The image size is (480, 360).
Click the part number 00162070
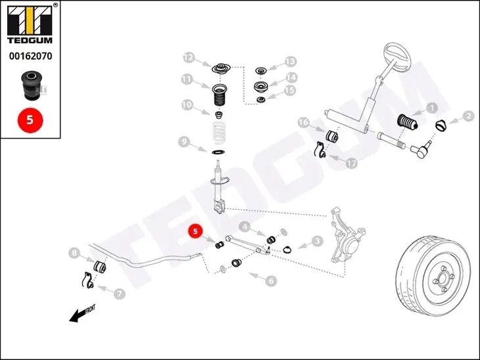pos(31,56)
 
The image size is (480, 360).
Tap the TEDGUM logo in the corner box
pos(30,24)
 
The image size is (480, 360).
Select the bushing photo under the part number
pos(32,85)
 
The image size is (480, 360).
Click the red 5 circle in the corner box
pos(30,120)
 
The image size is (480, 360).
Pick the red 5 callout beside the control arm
pos(195,231)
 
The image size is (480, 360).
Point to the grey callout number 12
pos(189,58)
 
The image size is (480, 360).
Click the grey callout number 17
pos(351,163)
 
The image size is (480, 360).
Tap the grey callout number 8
pos(74,253)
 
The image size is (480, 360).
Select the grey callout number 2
pos(468,116)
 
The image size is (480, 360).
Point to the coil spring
pos(219,133)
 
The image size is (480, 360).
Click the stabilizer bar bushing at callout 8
pos(99,267)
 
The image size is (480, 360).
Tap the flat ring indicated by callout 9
pos(218,152)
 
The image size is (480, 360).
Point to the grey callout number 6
pos(271,281)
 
